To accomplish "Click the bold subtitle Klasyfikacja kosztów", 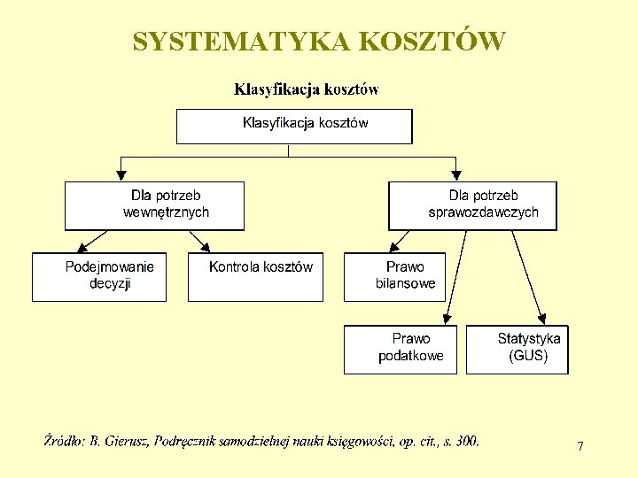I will click(x=307, y=89).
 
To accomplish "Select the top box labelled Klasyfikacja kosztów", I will click(x=294, y=126).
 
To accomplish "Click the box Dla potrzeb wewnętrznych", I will click(x=154, y=205).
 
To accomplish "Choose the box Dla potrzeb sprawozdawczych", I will click(x=473, y=205).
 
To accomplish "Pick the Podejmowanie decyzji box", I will click(x=99, y=277).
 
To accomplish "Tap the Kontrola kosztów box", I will click(x=255, y=277).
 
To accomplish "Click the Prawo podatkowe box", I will click(x=401, y=350).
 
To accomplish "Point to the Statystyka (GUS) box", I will click(x=517, y=350).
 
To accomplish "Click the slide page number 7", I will click(x=580, y=447).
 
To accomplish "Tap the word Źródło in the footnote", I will click(x=64, y=440).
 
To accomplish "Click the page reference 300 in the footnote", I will click(x=466, y=440).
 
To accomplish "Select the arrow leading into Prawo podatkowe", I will click(x=453, y=278).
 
